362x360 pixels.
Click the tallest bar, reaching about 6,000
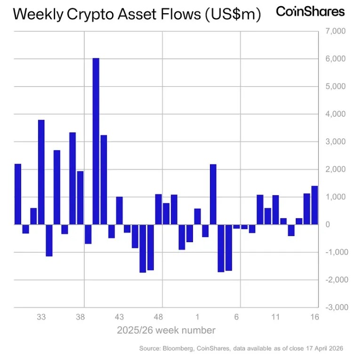(x=96, y=141)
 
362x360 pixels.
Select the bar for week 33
(x=41, y=172)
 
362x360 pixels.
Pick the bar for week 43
(x=119, y=210)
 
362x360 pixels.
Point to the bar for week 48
(x=158, y=209)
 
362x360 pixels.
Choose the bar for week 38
(x=80, y=197)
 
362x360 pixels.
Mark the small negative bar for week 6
(x=236, y=227)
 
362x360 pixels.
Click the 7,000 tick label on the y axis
(x=336, y=31)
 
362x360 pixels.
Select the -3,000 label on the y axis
(x=335, y=307)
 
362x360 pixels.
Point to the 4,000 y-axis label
(x=336, y=114)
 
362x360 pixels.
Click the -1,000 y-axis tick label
(x=335, y=252)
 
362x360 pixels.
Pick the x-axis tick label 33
(x=41, y=317)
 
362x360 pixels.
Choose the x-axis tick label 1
(x=197, y=317)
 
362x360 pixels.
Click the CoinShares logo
(x=310, y=12)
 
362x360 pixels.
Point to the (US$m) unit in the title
(x=233, y=15)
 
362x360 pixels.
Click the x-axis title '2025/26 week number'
(x=166, y=330)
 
